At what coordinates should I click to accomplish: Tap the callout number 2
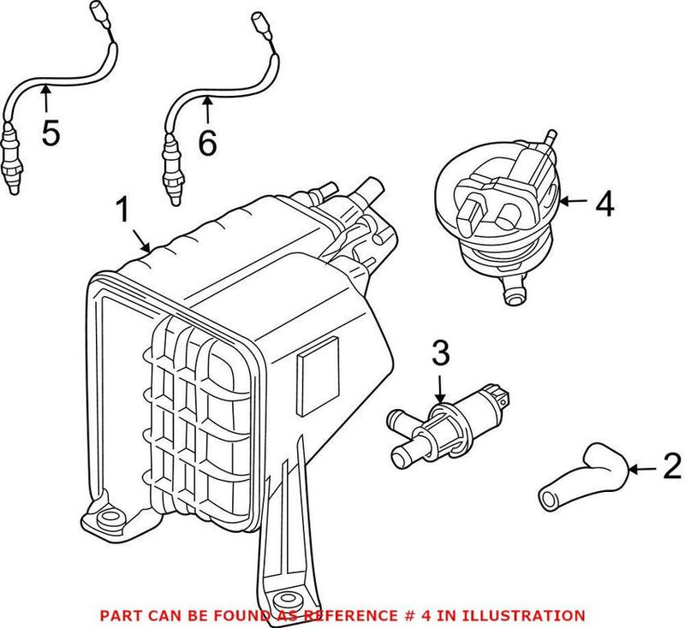point(671,466)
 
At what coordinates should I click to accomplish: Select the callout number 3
point(439,353)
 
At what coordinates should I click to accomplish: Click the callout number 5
point(50,133)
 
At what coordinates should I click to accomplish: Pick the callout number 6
point(206,142)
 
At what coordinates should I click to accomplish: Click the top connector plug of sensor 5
point(97,12)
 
